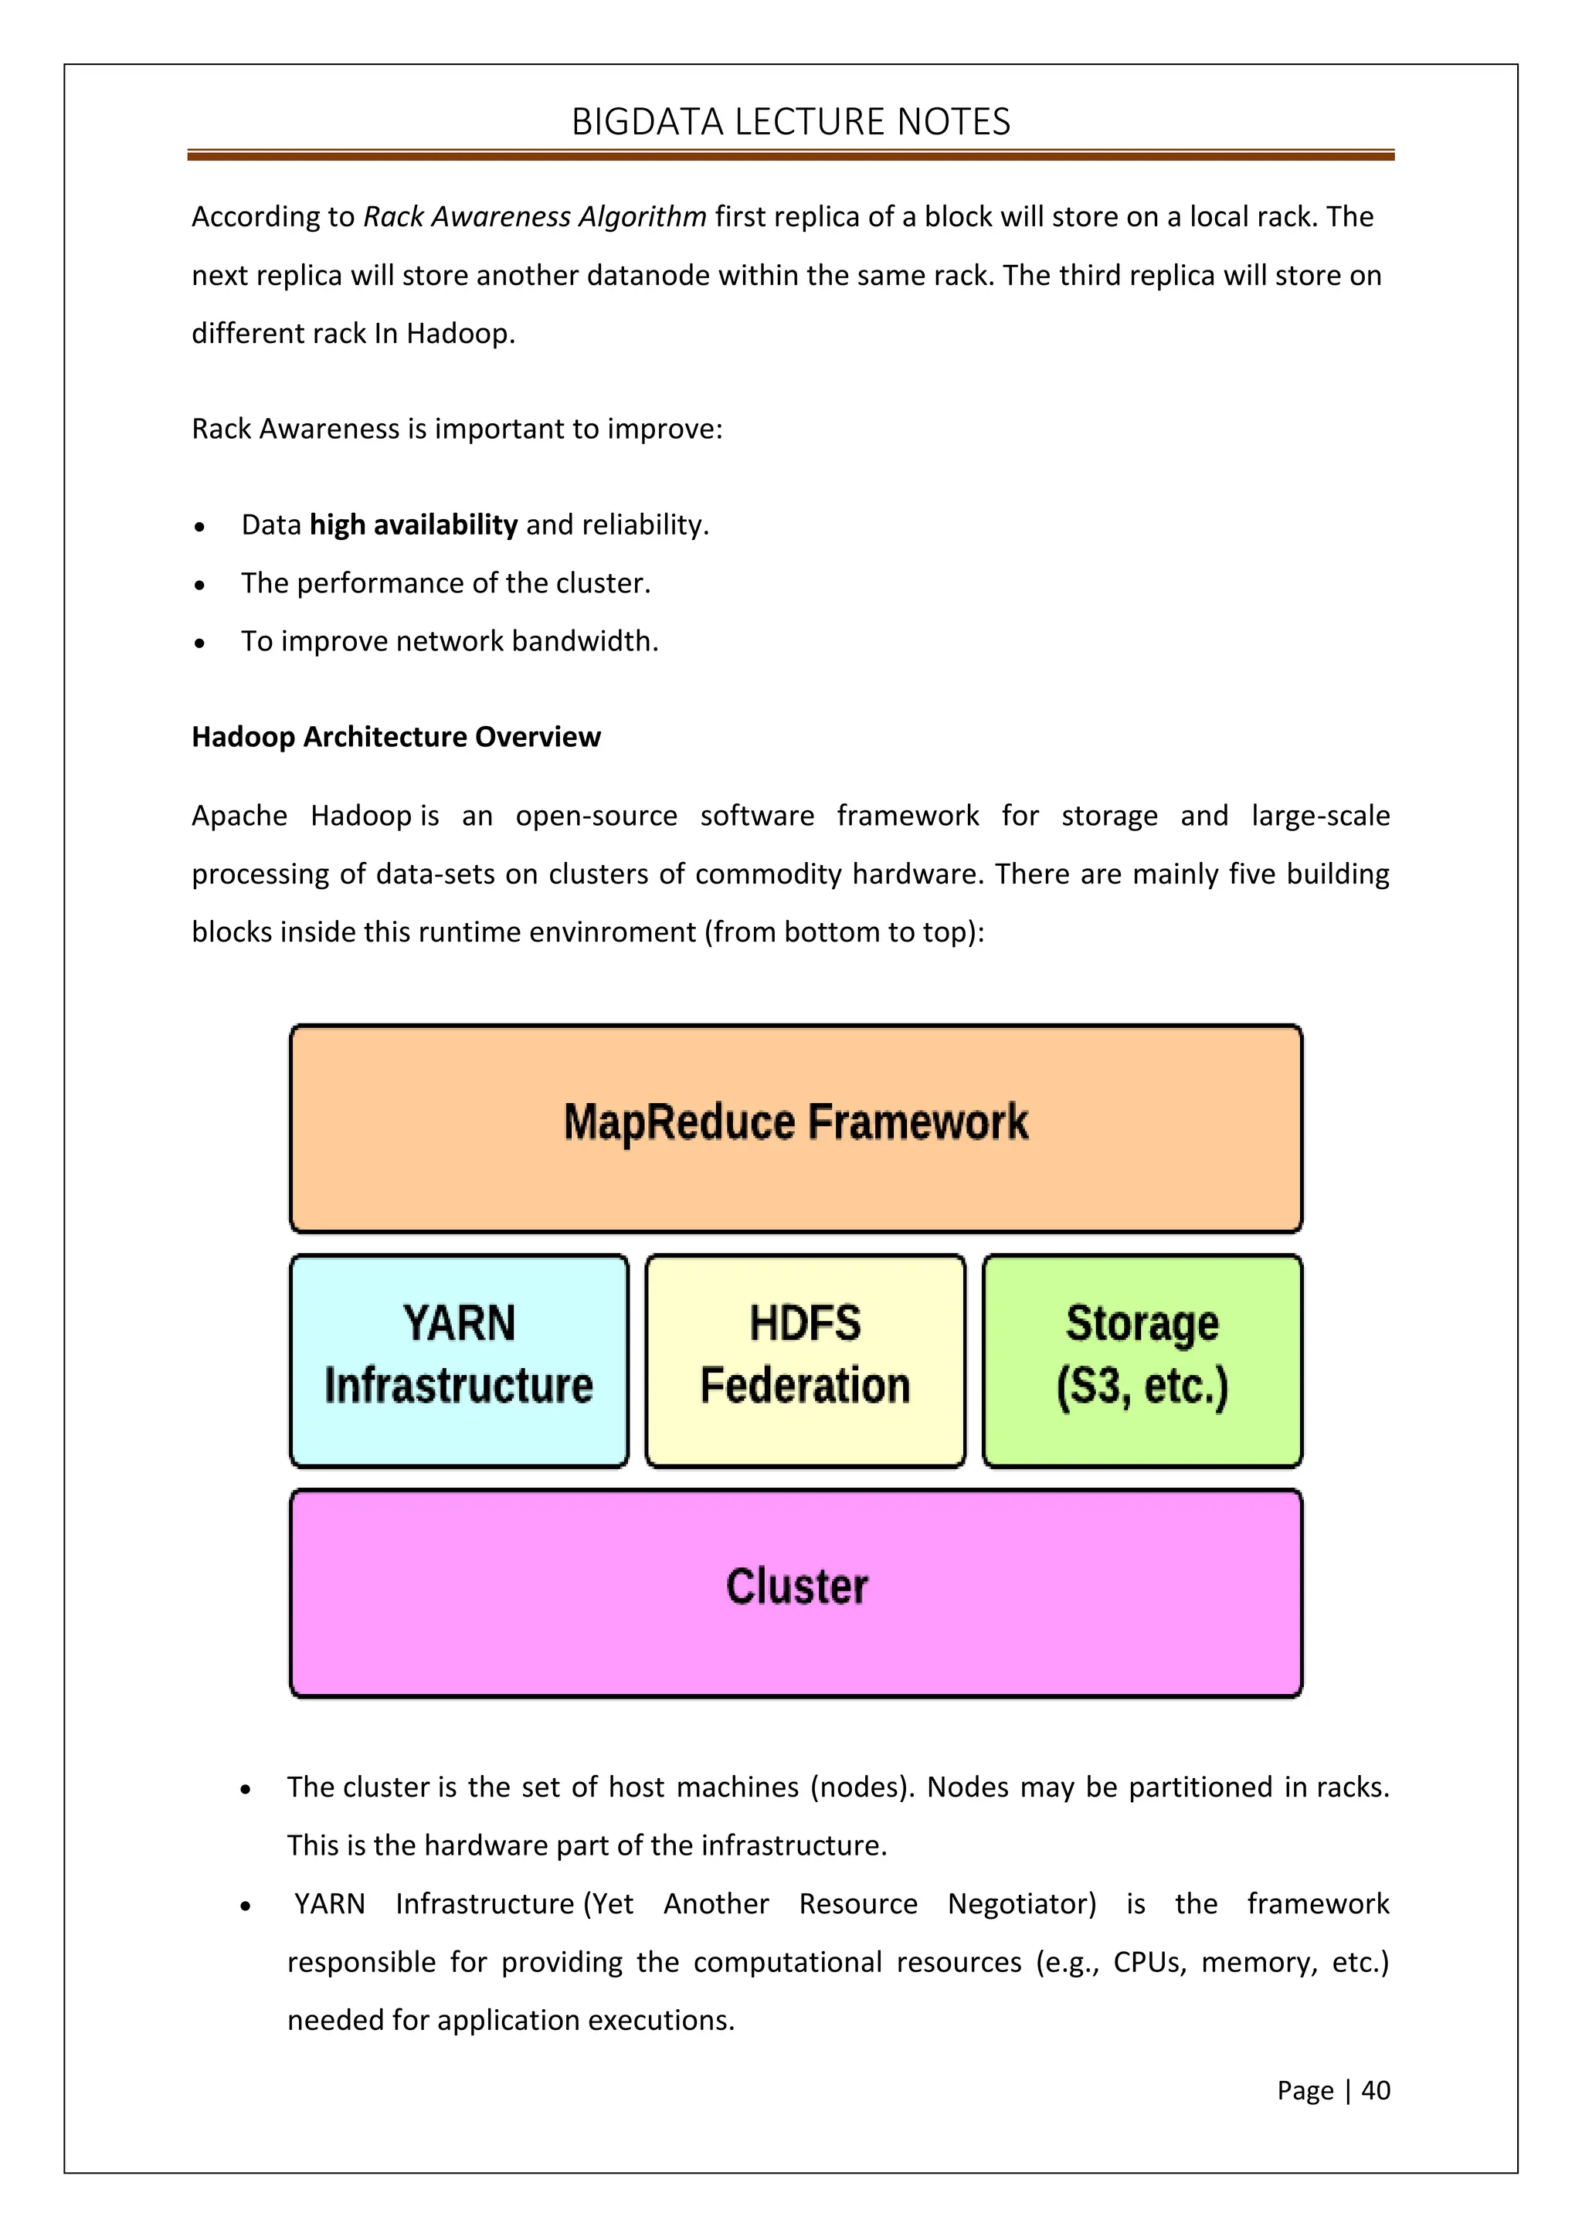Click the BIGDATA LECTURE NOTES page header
pyautogui.click(x=790, y=122)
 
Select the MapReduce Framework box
pyautogui.click(x=796, y=1129)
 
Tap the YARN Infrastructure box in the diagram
pyautogui.click(x=459, y=1360)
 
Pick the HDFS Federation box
pyautogui.click(x=805, y=1360)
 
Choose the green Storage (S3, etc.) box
pyautogui.click(x=1142, y=1360)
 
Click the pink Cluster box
pyautogui.click(x=796, y=1593)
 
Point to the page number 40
pyautogui.click(x=1376, y=2090)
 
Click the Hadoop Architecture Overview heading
pyautogui.click(x=395, y=737)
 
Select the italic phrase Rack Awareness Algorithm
pyautogui.click(x=535, y=216)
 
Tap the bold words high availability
pyautogui.click(x=413, y=525)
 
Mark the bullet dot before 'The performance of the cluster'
pyautogui.click(x=200, y=586)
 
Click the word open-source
pyautogui.click(x=596, y=816)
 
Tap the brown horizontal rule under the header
pyautogui.click(x=790, y=155)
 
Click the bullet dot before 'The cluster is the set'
pyautogui.click(x=246, y=1790)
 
